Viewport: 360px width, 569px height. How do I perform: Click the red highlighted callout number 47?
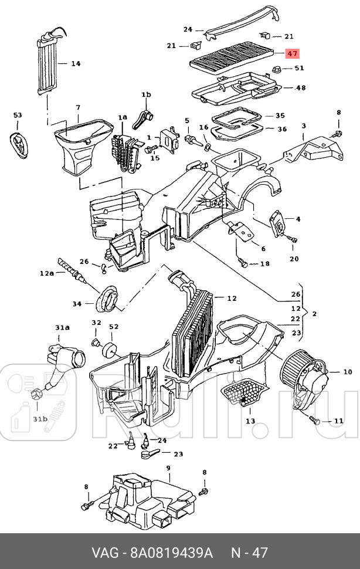pyautogui.click(x=293, y=53)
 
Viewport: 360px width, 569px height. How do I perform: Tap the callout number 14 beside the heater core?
pyautogui.click(x=76, y=63)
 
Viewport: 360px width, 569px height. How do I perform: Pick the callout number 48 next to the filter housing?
pyautogui.click(x=301, y=88)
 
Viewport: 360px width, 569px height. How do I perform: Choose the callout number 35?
pyautogui.click(x=280, y=116)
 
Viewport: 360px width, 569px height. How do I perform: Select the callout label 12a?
pyautogui.click(x=47, y=273)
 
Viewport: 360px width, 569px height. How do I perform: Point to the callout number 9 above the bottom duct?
pyautogui.click(x=168, y=468)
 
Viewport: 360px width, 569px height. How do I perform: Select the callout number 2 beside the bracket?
pyautogui.click(x=314, y=314)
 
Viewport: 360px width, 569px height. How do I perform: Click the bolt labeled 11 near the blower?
pyautogui.click(x=315, y=420)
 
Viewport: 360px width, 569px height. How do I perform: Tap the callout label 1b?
pyautogui.click(x=145, y=94)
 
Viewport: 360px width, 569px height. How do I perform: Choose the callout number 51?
pyautogui.click(x=300, y=68)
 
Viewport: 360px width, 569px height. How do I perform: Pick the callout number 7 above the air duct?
pyautogui.click(x=77, y=107)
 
